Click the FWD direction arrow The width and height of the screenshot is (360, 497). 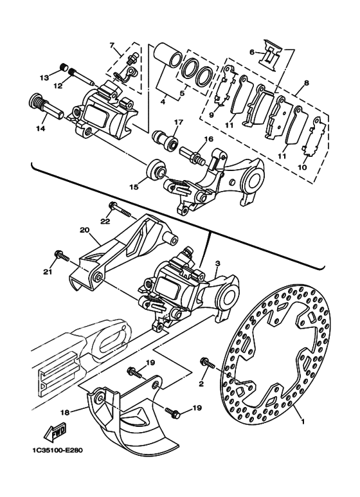[55, 432]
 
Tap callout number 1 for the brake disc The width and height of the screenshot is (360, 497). [302, 422]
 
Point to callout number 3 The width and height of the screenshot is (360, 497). [217, 264]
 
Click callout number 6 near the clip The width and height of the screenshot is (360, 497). [252, 51]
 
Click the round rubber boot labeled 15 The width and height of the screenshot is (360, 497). [156, 169]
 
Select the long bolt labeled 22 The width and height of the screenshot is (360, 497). [120, 210]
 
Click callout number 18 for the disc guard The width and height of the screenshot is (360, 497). [66, 411]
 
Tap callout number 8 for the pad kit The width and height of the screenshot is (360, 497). [306, 84]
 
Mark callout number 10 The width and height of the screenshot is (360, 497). [302, 167]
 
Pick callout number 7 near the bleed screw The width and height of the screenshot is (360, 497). [112, 45]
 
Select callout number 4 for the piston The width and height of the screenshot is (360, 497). [163, 102]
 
